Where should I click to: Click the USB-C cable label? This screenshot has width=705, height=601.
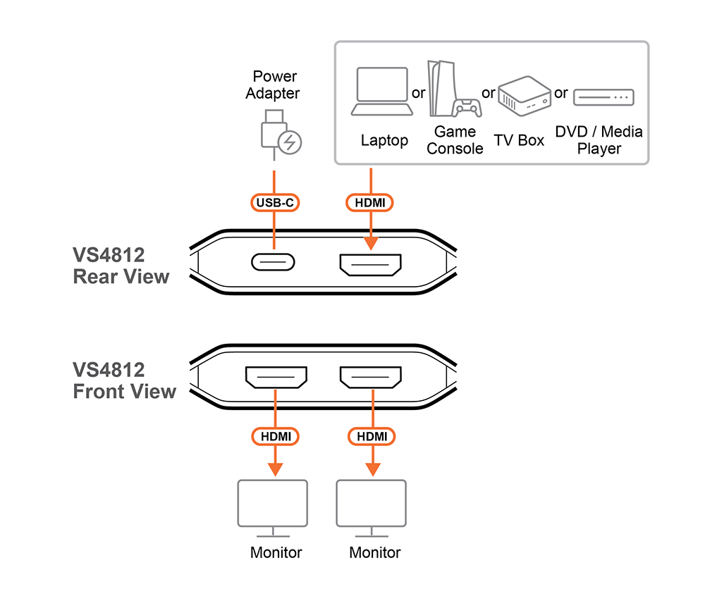(x=275, y=203)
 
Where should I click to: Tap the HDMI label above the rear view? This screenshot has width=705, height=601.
(x=370, y=203)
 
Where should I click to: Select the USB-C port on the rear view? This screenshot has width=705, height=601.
(x=274, y=263)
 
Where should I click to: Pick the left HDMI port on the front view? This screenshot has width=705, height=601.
(x=276, y=378)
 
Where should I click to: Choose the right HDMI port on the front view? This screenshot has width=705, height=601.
(x=370, y=378)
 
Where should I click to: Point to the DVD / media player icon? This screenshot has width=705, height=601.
(x=603, y=97)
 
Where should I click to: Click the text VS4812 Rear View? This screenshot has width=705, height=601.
(x=121, y=266)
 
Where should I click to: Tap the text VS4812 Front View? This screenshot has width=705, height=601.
(x=124, y=380)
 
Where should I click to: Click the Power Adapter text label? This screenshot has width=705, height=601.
(x=275, y=85)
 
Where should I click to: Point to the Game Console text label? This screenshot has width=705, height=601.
(x=455, y=140)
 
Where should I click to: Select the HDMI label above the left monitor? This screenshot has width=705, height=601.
(x=276, y=437)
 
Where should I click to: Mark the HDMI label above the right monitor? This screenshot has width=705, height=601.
(x=372, y=437)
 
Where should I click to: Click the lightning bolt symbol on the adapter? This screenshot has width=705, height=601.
(x=289, y=143)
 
